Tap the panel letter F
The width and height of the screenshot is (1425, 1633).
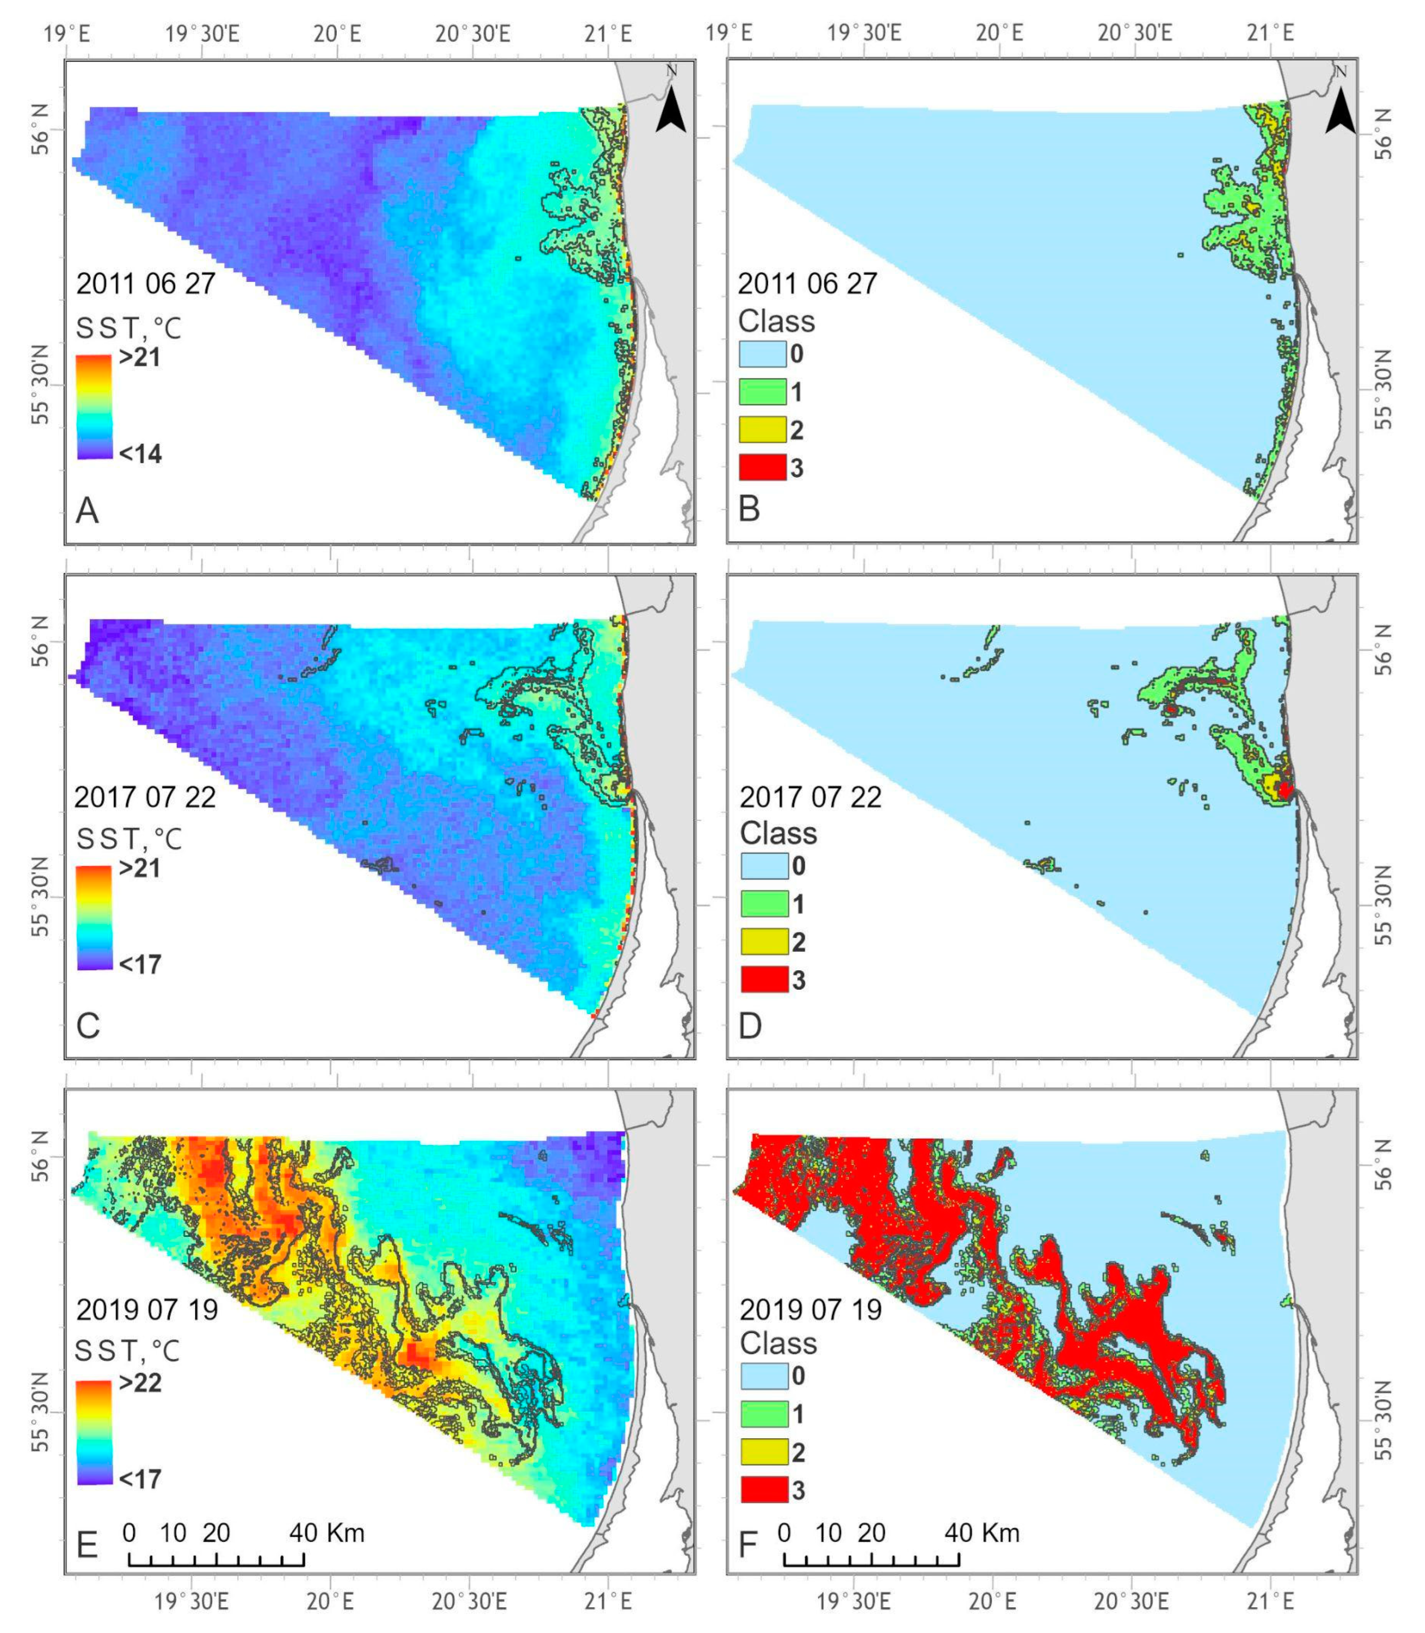(x=749, y=1544)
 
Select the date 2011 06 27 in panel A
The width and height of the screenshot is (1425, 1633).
(x=145, y=284)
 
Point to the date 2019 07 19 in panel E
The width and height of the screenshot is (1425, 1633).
(x=147, y=1309)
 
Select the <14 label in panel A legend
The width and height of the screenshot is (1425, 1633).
(x=140, y=454)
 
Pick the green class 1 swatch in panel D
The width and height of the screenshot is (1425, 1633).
(x=764, y=904)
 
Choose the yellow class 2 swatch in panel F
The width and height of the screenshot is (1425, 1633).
(x=764, y=1452)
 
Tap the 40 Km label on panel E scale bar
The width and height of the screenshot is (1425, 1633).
(x=326, y=1533)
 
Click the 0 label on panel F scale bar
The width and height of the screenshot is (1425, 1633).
(x=784, y=1533)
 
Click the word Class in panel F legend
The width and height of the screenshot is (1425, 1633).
(x=778, y=1343)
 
